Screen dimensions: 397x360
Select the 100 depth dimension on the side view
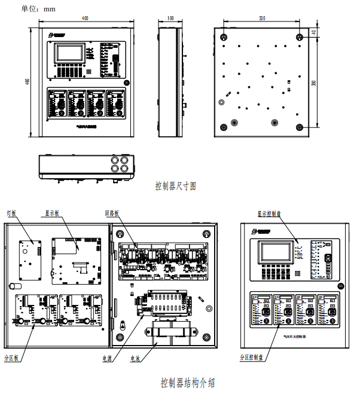tap(170, 19)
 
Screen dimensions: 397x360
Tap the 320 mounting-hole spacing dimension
tap(261, 19)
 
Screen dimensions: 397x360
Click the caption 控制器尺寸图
tap(176, 186)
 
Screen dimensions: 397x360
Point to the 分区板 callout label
tap(12, 358)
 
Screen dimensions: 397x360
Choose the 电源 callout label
tap(108, 359)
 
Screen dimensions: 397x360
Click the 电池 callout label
tap(135, 359)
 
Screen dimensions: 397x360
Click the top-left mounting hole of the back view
tap(223, 37)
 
